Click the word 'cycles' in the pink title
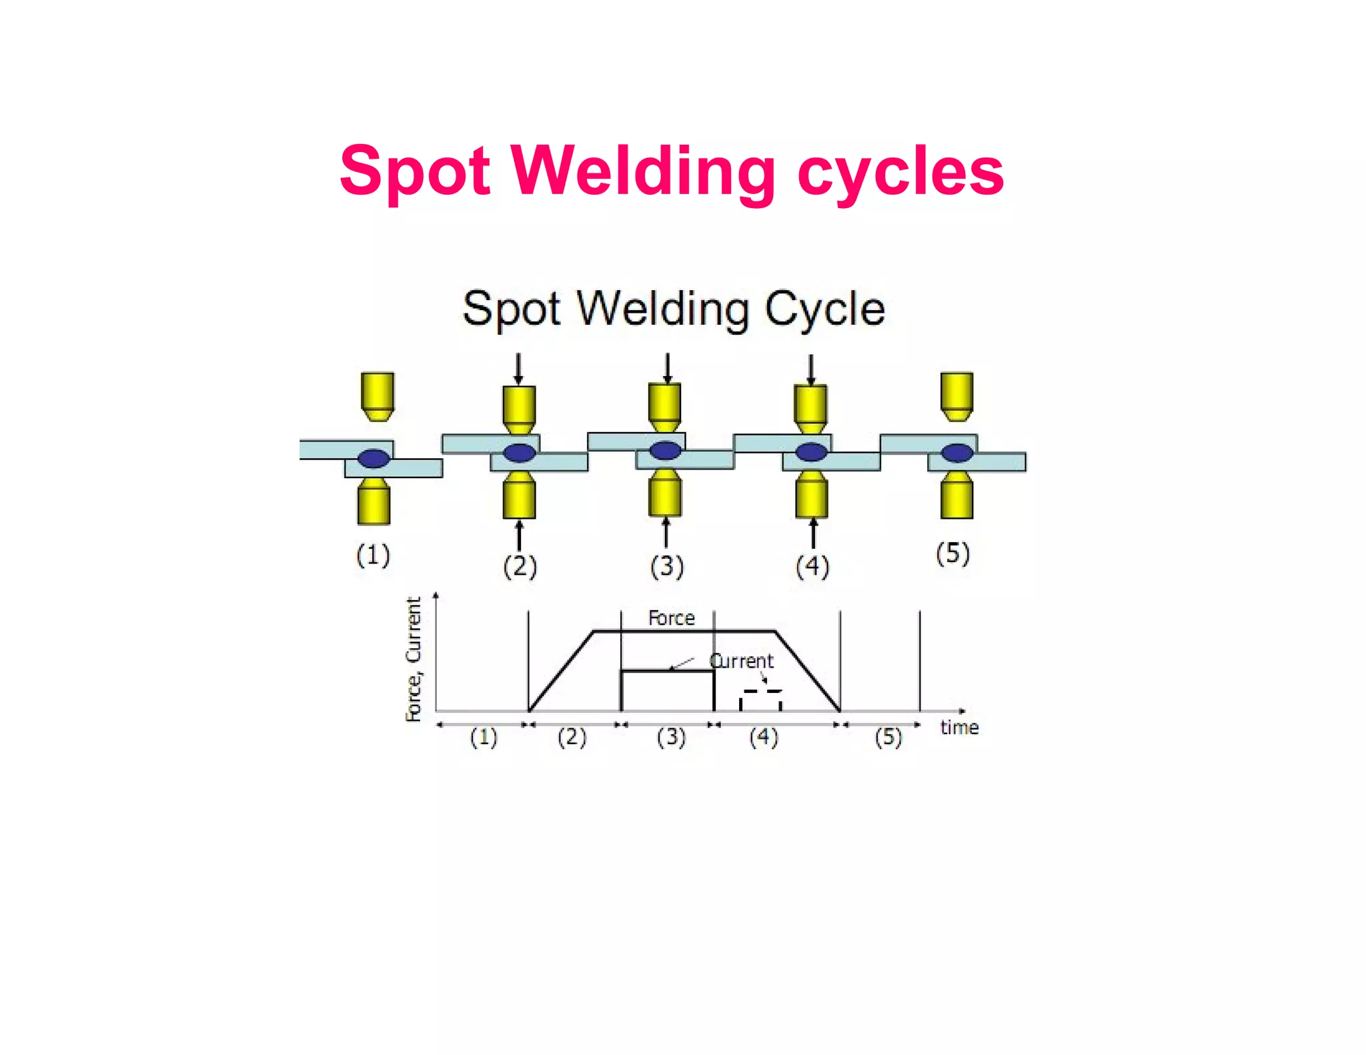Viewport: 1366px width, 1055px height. coord(900,172)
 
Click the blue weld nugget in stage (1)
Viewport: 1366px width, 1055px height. coord(374,458)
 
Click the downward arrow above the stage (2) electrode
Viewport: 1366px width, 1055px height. coord(518,369)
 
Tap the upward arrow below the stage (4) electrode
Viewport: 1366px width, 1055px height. coord(812,534)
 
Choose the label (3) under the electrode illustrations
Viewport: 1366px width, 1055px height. coord(667,566)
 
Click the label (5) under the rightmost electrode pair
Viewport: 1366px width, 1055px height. coord(952,554)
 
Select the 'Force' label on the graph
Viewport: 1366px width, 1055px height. coord(671,618)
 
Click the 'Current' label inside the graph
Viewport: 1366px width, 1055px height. coord(741,661)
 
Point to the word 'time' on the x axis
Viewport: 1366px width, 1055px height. coord(959,728)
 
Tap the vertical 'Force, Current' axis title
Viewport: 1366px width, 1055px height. coord(414,659)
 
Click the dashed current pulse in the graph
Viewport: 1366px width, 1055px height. coord(760,699)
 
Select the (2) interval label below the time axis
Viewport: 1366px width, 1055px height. coord(572,738)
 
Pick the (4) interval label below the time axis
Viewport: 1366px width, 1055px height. coord(764,738)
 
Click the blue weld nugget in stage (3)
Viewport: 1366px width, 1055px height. coord(665,451)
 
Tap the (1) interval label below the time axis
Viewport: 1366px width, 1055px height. coord(484,738)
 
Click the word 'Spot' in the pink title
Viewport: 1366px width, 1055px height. coord(415,172)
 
